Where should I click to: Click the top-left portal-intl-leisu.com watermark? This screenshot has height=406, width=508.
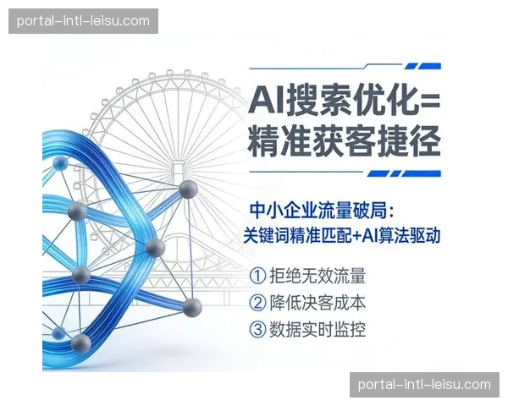84,21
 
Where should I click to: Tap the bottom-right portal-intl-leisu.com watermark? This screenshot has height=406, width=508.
424,385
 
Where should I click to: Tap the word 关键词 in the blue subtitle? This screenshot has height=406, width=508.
265,233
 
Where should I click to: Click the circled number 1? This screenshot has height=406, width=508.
257,276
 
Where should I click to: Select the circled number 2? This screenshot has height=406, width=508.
257,302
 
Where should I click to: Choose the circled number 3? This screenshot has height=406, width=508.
257,328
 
